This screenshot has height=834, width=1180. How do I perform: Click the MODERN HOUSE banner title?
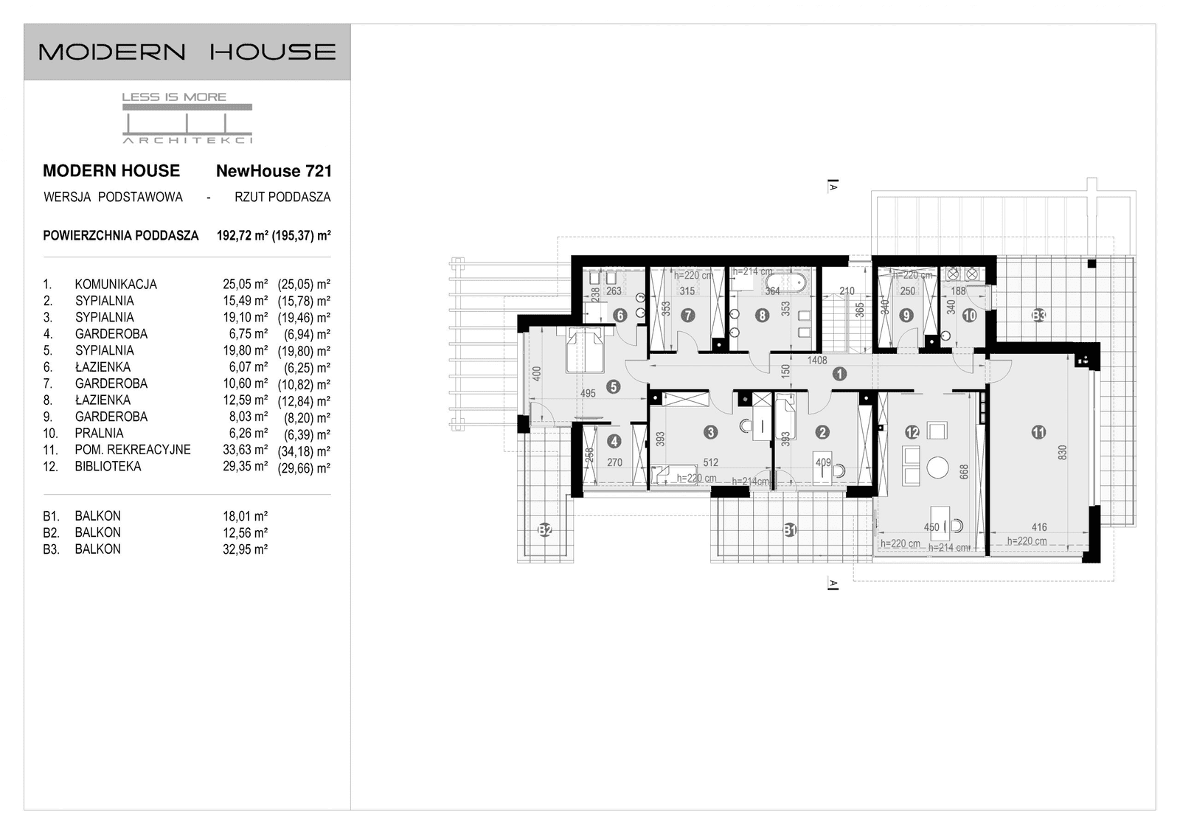tap(187, 52)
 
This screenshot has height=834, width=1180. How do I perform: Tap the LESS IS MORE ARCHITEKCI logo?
tap(187, 118)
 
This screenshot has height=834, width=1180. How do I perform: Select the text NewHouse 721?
tap(274, 171)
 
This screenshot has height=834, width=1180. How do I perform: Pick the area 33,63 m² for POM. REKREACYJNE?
tap(245, 450)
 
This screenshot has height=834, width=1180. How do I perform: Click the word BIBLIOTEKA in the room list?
tap(108, 467)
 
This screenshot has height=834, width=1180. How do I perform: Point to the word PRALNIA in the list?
tap(99, 434)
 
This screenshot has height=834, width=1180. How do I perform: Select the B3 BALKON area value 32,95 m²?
tap(245, 549)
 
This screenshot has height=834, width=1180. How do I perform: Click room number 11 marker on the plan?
tap(1038, 432)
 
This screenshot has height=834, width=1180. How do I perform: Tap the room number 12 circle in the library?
tap(912, 432)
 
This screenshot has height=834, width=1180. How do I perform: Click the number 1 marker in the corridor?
tap(839, 374)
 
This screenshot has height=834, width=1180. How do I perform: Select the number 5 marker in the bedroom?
tap(613, 386)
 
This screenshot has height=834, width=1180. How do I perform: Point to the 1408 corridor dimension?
tap(816, 361)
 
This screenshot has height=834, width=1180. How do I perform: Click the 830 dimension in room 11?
tap(1062, 451)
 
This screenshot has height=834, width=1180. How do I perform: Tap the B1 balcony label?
tap(790, 529)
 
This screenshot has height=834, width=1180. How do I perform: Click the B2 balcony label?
tap(545, 529)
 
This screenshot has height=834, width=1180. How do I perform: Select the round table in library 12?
tap(937, 468)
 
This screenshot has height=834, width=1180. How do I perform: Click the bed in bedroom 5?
tap(585, 350)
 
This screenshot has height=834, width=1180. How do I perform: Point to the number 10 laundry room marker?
tap(969, 315)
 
